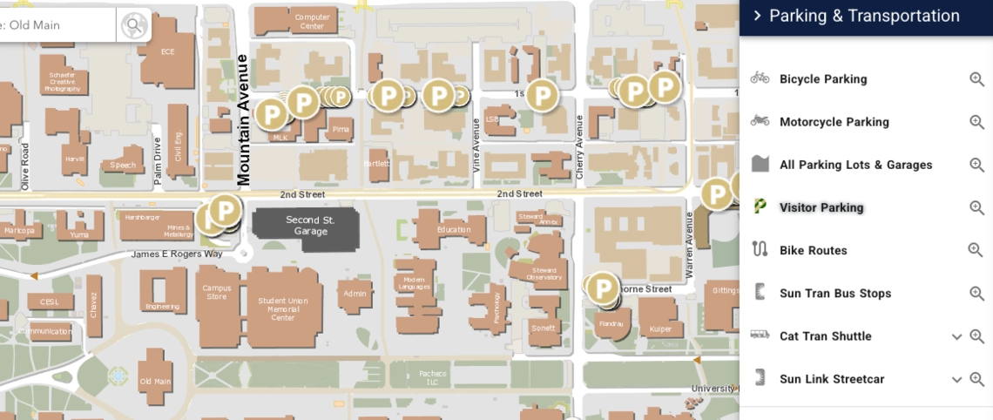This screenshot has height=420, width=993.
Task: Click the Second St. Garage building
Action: coord(306,227)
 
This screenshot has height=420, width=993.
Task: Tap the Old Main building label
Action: coord(156,382)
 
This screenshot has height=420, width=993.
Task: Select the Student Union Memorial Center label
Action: coord(283,309)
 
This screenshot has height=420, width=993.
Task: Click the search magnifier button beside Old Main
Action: coord(133,25)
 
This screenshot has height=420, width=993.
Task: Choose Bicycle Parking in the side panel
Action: coord(823,79)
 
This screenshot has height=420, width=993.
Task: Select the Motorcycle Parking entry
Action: coord(834,122)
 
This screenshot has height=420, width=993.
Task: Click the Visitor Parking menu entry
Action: coord(821,207)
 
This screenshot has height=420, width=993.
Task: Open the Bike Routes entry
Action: coord(813,250)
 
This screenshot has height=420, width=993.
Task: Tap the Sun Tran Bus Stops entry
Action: coord(835,294)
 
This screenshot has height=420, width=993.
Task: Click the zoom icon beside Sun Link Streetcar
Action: coord(976,379)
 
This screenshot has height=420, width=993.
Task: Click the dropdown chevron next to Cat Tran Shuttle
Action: coord(956,336)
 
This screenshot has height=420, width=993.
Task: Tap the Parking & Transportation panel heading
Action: coord(864,16)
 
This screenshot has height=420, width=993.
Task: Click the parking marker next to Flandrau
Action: coord(602,288)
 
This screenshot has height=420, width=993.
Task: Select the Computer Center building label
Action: coord(312,21)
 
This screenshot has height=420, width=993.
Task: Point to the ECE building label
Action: coord(168,52)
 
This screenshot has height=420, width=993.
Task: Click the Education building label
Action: coord(454,230)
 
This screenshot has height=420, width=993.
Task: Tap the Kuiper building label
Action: coord(660,329)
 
